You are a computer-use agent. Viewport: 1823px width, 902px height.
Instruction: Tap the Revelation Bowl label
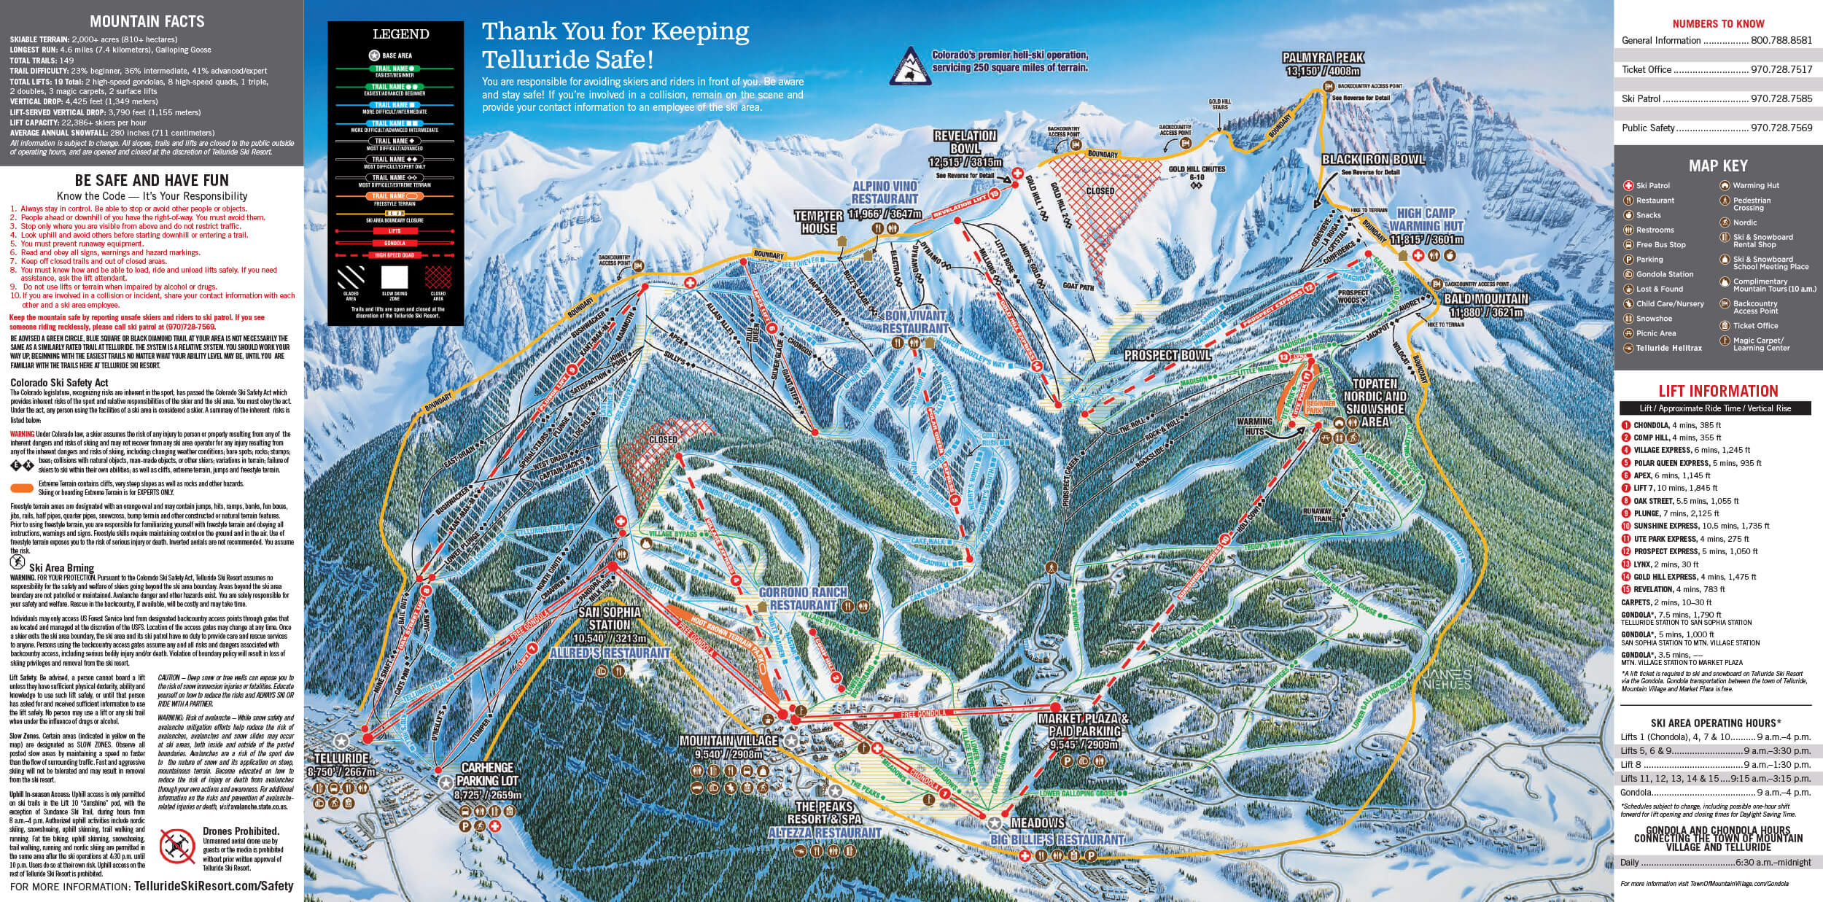965,142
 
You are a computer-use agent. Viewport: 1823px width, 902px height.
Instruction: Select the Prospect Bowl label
1167,355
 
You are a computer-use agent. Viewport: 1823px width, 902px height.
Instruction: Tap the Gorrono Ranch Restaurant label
798,599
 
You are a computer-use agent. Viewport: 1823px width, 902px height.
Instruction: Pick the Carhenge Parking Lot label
487,774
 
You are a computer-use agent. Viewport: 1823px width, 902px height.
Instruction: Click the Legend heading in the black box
400,34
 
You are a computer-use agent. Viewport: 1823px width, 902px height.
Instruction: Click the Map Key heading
1718,166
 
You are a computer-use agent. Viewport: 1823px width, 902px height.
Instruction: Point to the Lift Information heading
1718,391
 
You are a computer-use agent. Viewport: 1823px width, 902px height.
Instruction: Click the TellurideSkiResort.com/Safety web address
214,886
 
